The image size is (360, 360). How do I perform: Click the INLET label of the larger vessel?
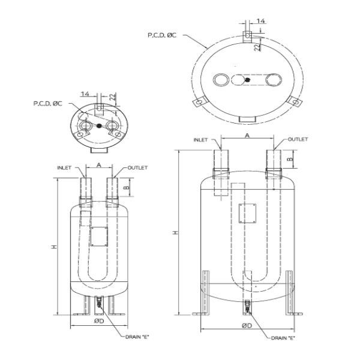[200, 140]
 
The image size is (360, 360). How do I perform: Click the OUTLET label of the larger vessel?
[298, 139]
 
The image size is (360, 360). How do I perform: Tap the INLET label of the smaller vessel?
[64, 168]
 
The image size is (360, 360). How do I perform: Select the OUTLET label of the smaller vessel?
[137, 168]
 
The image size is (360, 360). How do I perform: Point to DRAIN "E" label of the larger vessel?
[283, 338]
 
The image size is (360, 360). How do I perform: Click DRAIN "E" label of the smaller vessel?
[137, 337]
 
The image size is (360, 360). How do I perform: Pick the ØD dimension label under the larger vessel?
[247, 326]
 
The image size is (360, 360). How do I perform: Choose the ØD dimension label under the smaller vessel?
[99, 321]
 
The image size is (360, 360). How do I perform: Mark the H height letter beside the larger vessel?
[176, 233]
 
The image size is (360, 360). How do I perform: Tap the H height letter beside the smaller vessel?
[54, 247]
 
